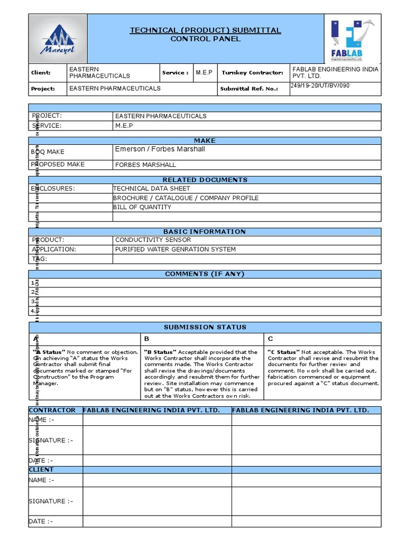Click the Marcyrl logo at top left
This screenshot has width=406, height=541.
click(x=57, y=39)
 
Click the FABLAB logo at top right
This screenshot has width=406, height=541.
click(x=352, y=39)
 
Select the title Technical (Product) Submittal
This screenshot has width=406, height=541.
click(x=205, y=31)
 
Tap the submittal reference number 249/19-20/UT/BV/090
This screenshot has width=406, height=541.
click(x=320, y=86)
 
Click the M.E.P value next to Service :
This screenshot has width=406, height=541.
click(x=204, y=72)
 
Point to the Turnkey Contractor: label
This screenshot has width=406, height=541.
click(x=252, y=73)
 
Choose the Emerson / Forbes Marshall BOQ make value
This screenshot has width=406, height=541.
click(x=160, y=150)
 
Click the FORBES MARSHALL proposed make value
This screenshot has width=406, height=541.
click(x=145, y=165)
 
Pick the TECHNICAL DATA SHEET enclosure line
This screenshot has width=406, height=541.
click(x=152, y=189)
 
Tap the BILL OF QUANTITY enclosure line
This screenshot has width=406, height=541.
click(x=142, y=207)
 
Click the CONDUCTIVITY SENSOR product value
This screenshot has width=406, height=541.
click(x=153, y=240)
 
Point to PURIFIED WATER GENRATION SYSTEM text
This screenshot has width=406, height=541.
click(x=175, y=249)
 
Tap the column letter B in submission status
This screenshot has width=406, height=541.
click(x=146, y=339)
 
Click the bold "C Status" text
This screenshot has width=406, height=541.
click(x=283, y=352)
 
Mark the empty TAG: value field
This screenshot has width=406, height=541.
click(x=246, y=259)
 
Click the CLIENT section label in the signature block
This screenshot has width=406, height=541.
click(x=41, y=470)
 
